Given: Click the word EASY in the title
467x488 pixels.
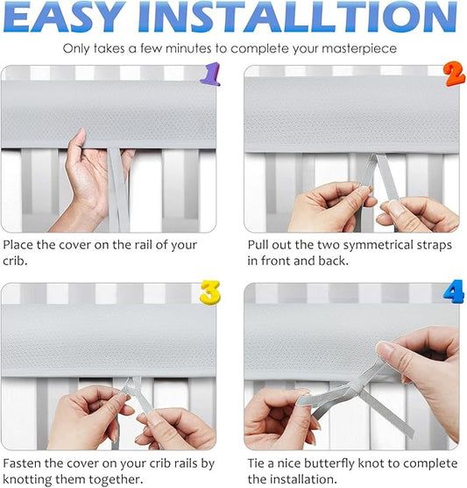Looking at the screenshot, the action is point(65,18).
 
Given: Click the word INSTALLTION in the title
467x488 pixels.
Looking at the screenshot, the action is point(297,18).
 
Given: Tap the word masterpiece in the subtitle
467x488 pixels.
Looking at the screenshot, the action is point(359,49).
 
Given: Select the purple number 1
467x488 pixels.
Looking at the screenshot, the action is point(210,74).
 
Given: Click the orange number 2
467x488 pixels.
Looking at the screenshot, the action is point(454,74).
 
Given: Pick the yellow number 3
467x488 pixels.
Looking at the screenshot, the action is point(210,292).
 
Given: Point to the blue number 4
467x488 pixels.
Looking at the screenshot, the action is point(454,291).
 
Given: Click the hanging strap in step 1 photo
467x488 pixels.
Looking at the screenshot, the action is point(118,190).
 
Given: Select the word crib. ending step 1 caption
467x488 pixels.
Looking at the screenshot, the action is point(15,261).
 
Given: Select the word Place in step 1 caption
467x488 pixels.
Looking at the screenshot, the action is point(18,245).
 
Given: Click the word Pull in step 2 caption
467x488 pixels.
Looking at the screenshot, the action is point(258,245).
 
